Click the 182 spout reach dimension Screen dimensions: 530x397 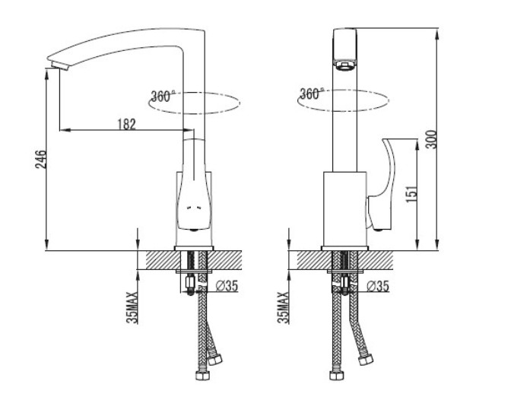127,125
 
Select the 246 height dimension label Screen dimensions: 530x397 41,159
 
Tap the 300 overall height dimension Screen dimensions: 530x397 431,139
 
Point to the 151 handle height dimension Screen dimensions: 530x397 412,194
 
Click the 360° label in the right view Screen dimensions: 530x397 312,94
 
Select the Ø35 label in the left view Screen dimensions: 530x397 227,286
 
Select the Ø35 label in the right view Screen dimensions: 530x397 378,286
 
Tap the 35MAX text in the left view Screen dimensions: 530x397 132,307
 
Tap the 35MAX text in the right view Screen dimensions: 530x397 284,307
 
